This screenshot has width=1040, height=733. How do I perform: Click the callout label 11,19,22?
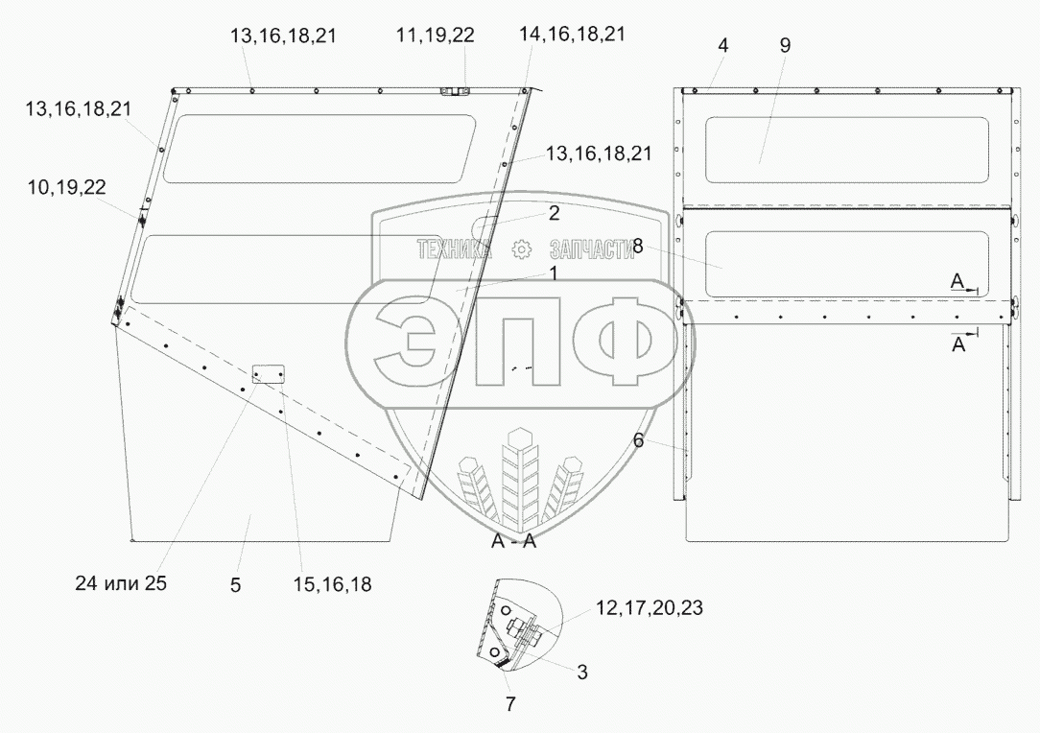[x=436, y=35]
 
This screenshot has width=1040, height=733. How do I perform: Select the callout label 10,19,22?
[x=66, y=188]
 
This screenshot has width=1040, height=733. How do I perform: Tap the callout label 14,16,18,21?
[x=572, y=34]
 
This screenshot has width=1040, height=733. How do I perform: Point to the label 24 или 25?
[x=121, y=583]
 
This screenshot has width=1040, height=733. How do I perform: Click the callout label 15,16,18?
[x=332, y=584]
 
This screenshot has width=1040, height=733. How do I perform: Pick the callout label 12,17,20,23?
[x=650, y=607]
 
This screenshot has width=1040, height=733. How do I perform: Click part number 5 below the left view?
[x=235, y=585]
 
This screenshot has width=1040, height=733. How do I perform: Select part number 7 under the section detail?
[x=510, y=704]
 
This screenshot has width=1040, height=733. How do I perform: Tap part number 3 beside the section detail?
[x=581, y=673]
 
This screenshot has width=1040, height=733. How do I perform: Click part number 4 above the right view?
[x=723, y=45]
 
